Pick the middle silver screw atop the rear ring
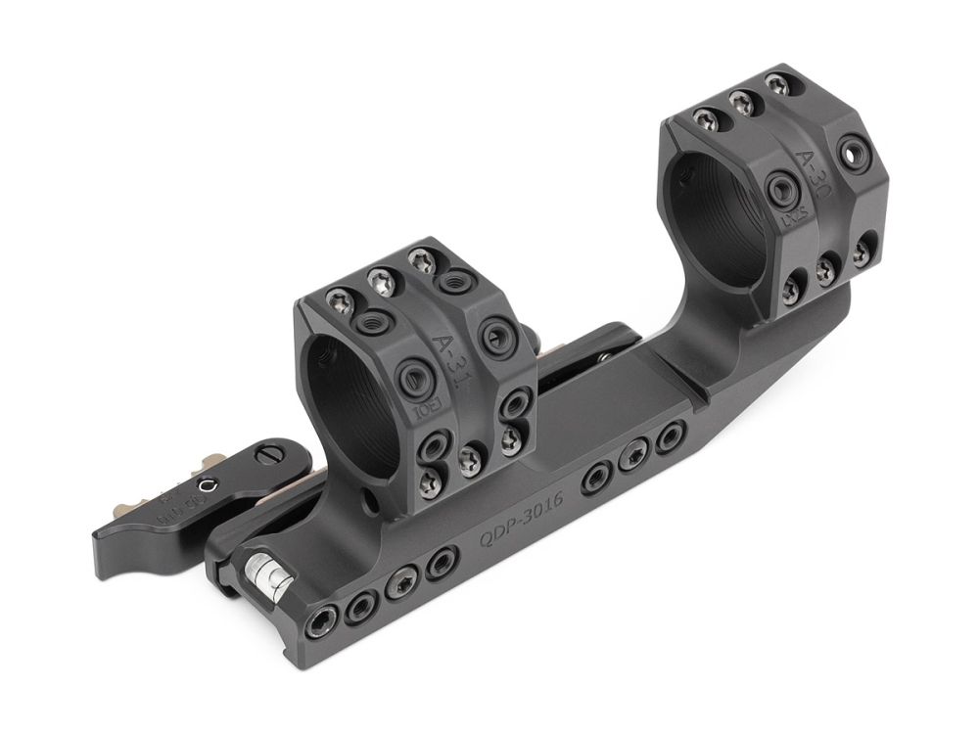(741, 101)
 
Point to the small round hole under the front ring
(368, 502)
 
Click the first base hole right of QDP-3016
(594, 478)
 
